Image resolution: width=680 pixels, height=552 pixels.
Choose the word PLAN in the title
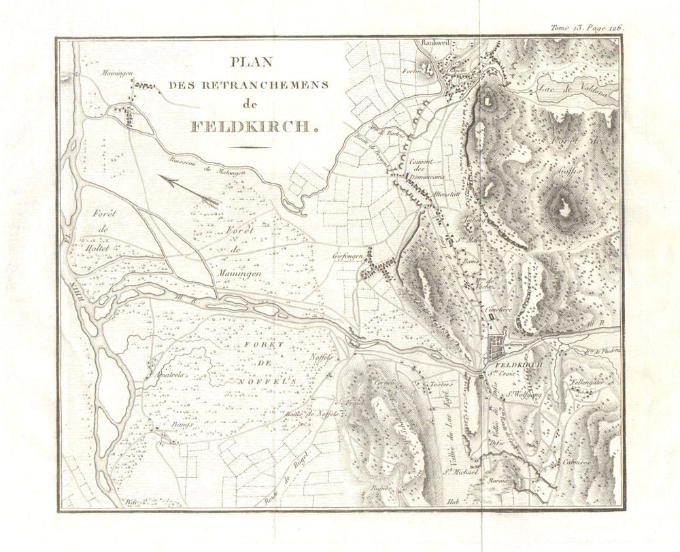click(x=251, y=62)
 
